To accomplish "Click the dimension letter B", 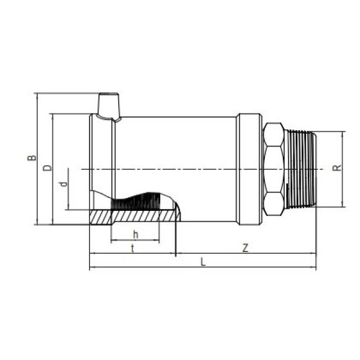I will (31, 158).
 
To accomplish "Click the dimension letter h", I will (135, 234).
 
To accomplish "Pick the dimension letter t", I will (132, 248).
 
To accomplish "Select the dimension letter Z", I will (245, 248).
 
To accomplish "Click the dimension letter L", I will (203, 262).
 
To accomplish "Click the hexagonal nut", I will (273, 169).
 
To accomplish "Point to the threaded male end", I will (300, 169).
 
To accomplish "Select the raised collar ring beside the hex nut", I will (249, 169).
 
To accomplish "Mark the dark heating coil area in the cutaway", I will (141, 201).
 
